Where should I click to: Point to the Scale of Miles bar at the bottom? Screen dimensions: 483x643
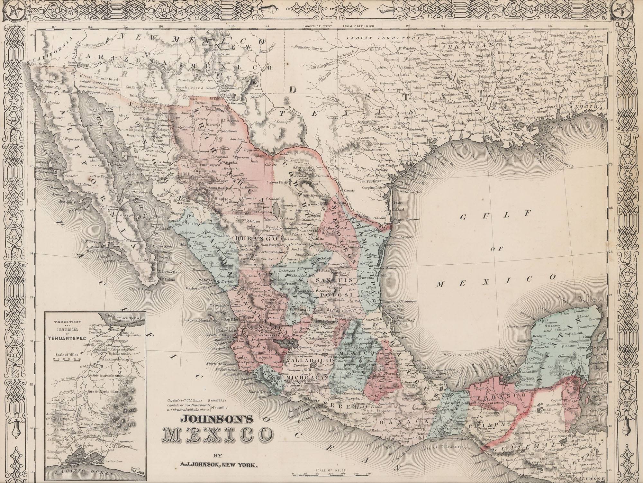329,473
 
